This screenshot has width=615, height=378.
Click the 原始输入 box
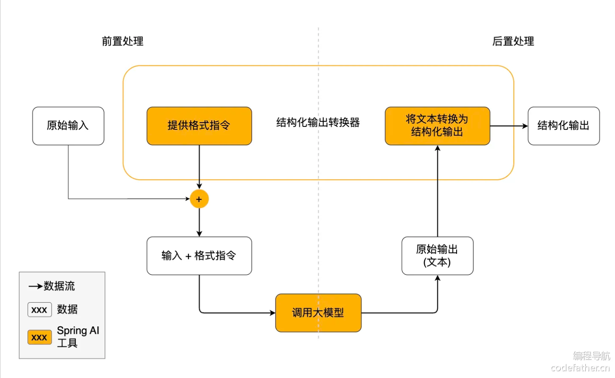pyautogui.click(x=68, y=126)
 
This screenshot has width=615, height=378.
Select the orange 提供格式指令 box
pyautogui.click(x=199, y=126)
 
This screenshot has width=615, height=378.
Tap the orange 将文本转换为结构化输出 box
pyautogui.click(x=437, y=126)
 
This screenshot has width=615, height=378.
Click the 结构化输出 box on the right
pyautogui.click(x=563, y=126)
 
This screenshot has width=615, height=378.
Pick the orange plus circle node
pyautogui.click(x=199, y=199)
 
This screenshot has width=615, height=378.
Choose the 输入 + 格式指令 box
pyautogui.click(x=199, y=255)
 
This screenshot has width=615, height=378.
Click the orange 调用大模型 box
pyautogui.click(x=318, y=313)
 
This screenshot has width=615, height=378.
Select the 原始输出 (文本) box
pyautogui.click(x=437, y=255)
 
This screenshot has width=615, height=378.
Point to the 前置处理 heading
pyautogui.click(x=123, y=41)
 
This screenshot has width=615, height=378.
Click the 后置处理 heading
pyautogui.click(x=513, y=41)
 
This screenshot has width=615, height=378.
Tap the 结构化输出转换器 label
pyautogui.click(x=318, y=123)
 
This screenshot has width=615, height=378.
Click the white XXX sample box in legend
pyautogui.click(x=40, y=310)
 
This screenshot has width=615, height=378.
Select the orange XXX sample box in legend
pyautogui.click(x=40, y=338)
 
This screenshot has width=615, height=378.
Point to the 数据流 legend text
pyautogui.click(x=59, y=286)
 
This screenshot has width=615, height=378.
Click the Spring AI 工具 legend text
pyautogui.click(x=77, y=337)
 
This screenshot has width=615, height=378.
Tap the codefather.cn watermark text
pyautogui.click(x=580, y=368)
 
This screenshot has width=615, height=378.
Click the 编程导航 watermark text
pyautogui.click(x=591, y=356)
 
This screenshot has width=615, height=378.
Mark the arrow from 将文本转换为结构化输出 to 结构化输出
pyautogui.click(x=509, y=126)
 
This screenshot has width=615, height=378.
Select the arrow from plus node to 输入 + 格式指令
pyautogui.click(x=199, y=222)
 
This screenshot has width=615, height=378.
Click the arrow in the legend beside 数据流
pyautogui.click(x=35, y=286)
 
